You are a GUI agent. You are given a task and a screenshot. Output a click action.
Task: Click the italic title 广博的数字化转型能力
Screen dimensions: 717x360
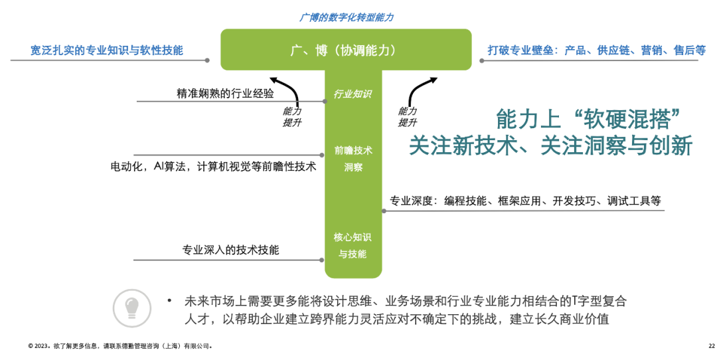click(x=346, y=17)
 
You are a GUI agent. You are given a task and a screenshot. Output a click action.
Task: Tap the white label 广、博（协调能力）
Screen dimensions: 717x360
click(x=345, y=50)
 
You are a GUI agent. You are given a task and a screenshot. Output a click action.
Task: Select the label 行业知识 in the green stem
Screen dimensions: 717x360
click(x=353, y=94)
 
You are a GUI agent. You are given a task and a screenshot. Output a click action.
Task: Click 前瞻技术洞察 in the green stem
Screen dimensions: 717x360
click(x=353, y=158)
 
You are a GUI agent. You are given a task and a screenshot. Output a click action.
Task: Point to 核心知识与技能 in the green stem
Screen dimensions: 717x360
click(x=353, y=245)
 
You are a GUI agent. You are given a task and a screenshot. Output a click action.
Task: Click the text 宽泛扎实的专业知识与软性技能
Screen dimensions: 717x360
click(x=107, y=50)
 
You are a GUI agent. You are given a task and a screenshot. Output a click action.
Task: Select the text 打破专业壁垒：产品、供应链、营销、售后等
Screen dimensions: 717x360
click(x=588, y=50)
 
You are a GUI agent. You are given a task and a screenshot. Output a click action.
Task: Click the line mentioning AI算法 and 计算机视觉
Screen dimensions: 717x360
click(x=213, y=166)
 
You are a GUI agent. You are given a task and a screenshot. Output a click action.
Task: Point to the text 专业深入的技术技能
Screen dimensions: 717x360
click(x=230, y=250)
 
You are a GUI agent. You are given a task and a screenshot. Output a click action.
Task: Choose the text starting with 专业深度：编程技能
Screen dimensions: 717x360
click(x=524, y=201)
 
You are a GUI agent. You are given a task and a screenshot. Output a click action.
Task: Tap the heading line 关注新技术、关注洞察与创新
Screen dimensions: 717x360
click(x=550, y=145)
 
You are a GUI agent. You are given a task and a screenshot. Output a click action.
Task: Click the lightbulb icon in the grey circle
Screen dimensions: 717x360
click(x=131, y=308)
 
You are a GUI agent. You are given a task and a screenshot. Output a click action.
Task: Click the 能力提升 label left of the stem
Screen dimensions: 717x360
click(x=292, y=117)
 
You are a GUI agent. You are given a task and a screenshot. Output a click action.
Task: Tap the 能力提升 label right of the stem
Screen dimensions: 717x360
click(x=408, y=117)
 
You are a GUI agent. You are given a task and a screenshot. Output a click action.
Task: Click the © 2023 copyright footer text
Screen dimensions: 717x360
click(x=120, y=346)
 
